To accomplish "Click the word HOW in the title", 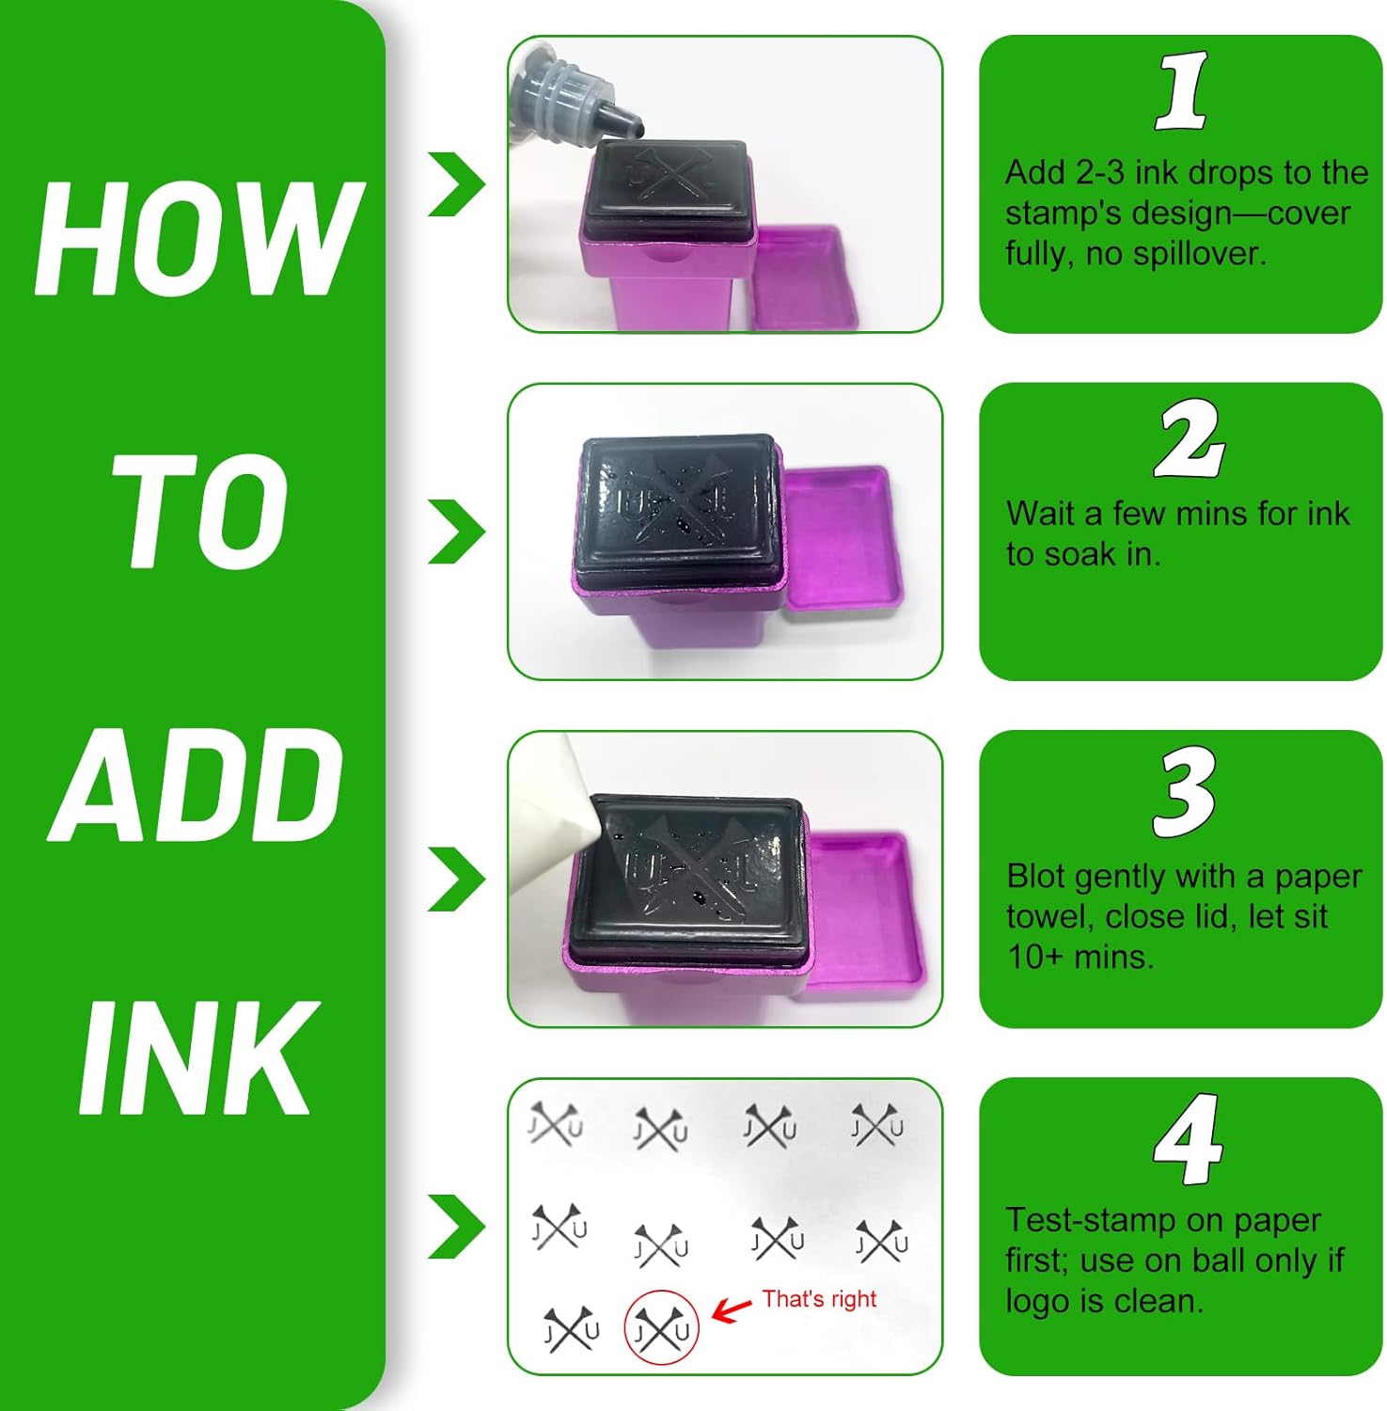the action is (x=199, y=239).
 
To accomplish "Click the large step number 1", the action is (x=1182, y=91).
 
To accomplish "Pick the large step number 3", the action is (x=1184, y=792).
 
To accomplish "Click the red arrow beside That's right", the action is (x=732, y=1309).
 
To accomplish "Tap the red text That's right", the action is (x=819, y=1299).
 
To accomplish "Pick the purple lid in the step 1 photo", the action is (x=807, y=278).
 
